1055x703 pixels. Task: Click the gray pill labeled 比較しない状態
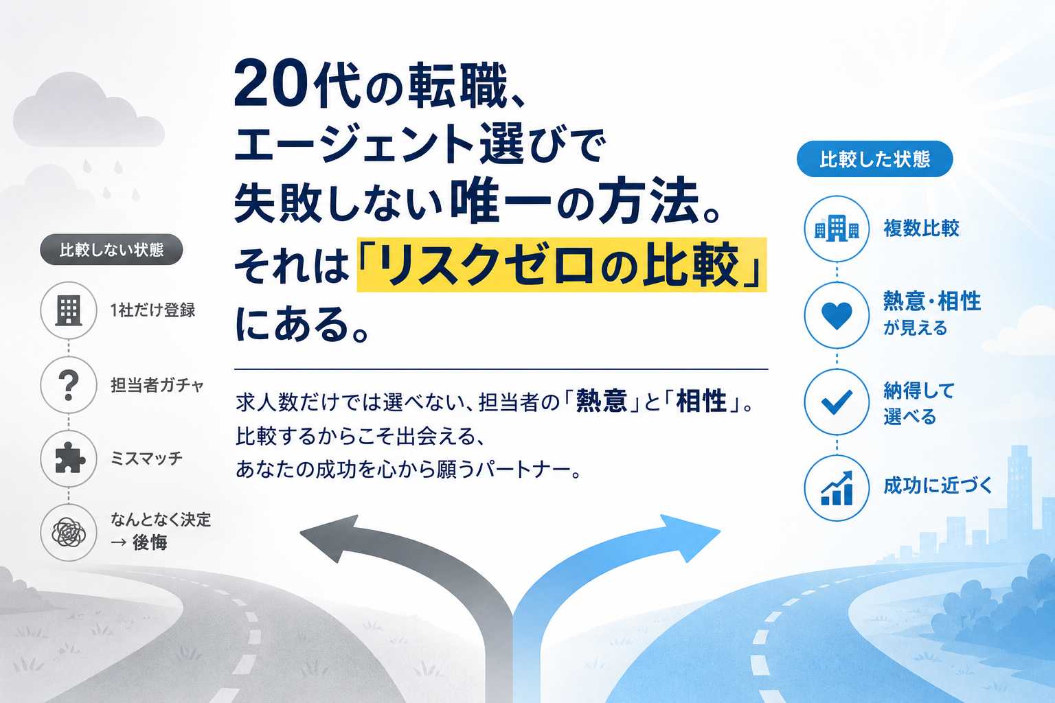(111, 250)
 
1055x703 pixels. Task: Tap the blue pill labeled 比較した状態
(874, 159)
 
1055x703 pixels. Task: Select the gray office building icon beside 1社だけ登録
(69, 311)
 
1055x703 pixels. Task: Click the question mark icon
(69, 384)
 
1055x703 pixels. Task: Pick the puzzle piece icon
(69, 458)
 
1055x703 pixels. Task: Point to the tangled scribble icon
(69, 533)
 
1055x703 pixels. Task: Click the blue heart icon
(837, 316)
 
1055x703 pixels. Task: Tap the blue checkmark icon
(837, 402)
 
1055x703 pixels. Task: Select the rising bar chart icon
(837, 488)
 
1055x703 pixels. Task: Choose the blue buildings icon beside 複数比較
(837, 229)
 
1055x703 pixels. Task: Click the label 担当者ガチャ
(157, 385)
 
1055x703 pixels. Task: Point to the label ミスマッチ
(146, 458)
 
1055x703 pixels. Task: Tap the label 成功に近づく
(938, 485)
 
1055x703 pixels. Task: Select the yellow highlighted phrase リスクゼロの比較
(561, 264)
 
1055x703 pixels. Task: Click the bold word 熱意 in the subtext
(602, 402)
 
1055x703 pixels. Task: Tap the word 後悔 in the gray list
(150, 543)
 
